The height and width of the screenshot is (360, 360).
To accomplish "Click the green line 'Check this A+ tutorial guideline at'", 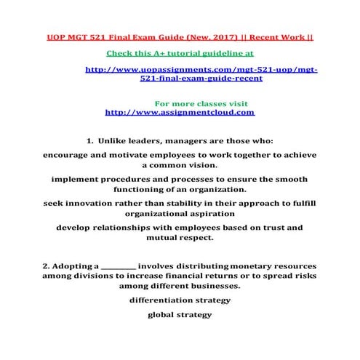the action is coord(180,53).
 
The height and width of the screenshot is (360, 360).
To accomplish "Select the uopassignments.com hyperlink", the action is coord(201,74).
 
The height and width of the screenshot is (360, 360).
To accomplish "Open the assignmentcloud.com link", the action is coord(180,113).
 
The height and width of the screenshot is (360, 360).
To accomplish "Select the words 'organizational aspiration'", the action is coord(180,215).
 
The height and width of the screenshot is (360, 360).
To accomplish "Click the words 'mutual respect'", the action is coord(180,238).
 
